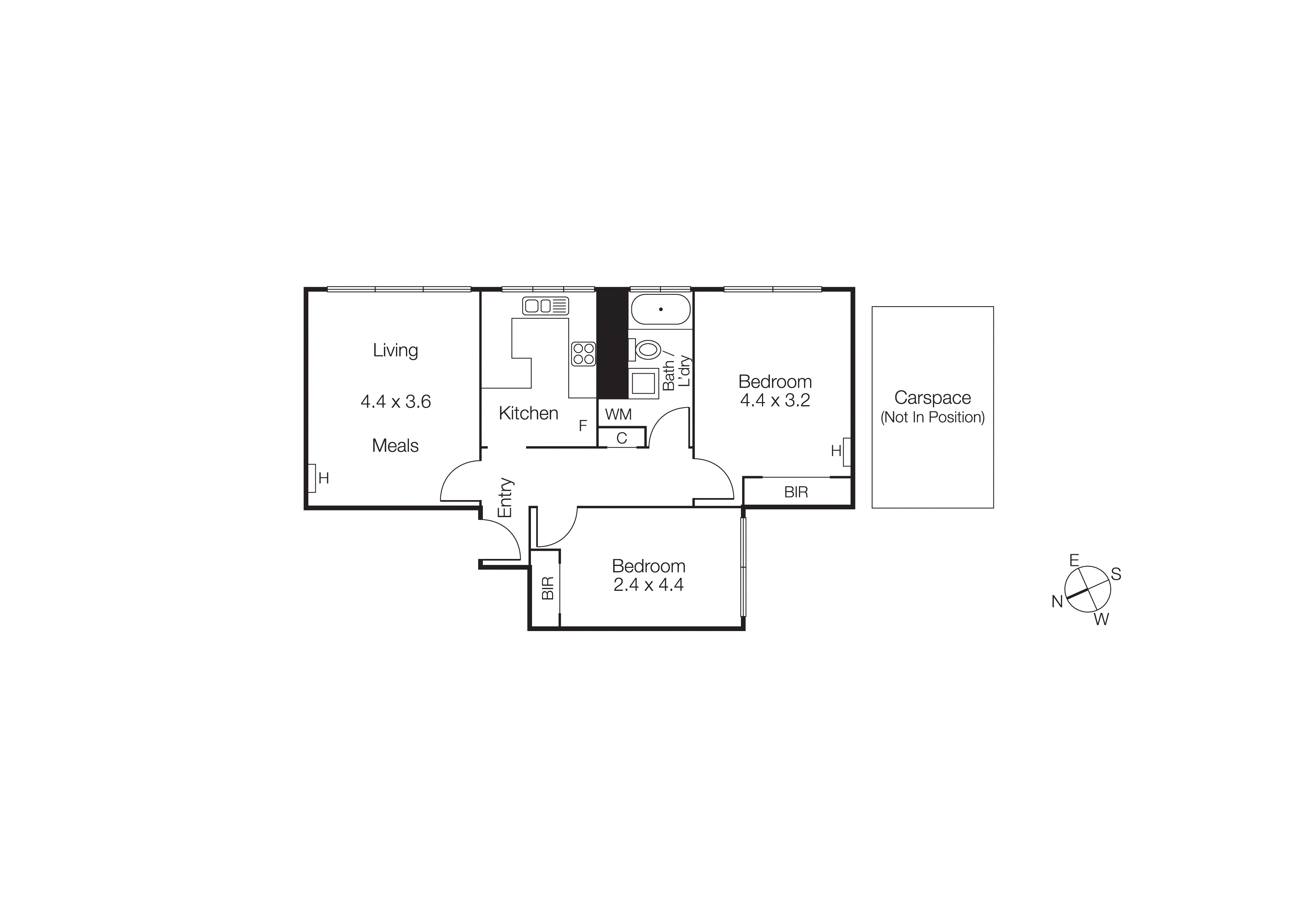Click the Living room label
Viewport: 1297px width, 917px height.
(396, 350)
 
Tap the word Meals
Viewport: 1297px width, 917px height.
(396, 446)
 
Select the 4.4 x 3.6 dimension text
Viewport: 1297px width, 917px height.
(396, 402)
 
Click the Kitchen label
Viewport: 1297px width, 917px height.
(528, 414)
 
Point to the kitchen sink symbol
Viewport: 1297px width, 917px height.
(545, 306)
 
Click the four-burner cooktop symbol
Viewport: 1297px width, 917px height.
(583, 354)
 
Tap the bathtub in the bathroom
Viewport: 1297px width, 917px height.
(660, 309)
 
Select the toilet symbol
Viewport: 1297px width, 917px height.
(646, 350)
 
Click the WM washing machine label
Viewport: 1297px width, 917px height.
(618, 414)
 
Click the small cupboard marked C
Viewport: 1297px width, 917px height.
(622, 438)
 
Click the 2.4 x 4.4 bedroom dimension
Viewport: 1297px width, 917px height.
(648, 585)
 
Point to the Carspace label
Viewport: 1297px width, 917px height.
(933, 398)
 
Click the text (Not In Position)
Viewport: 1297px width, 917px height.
(933, 418)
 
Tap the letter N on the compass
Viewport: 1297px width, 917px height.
(1057, 602)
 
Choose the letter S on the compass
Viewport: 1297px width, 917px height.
(1116, 574)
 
